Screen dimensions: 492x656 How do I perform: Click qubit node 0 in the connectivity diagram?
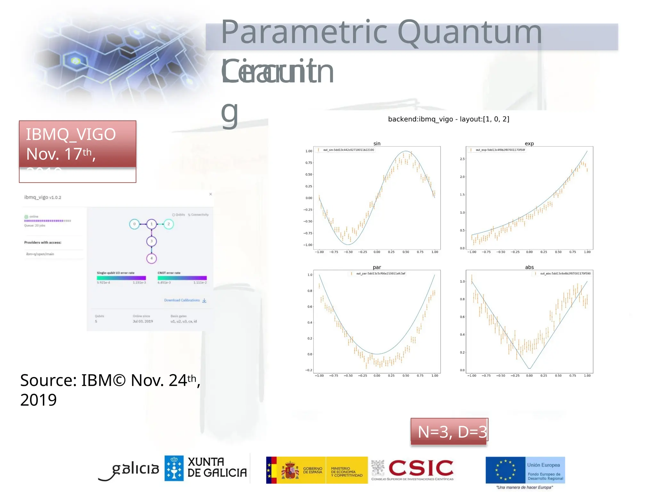coord(135,224)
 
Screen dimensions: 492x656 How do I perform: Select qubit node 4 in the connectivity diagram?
coord(152,258)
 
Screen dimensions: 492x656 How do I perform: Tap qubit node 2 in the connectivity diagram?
coord(168,224)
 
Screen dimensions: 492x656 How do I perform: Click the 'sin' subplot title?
coord(377,143)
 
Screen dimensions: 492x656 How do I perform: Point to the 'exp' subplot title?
coord(529,143)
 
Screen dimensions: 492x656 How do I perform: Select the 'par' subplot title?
coord(377,267)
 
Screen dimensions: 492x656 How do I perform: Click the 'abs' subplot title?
coord(529,267)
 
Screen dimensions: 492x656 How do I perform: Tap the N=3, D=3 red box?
coord(449,431)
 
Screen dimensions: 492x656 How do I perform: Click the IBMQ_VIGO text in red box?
coord(71,134)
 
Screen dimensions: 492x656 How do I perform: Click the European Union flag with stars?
coord(505,470)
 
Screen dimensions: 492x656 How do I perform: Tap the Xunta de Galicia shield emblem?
coord(174,468)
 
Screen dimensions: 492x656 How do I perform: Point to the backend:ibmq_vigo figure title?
coord(448,119)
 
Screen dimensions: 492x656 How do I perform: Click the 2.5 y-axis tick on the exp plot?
coord(462,159)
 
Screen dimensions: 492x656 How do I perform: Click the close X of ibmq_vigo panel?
coord(210,194)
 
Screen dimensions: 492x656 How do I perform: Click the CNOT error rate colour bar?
coord(182,278)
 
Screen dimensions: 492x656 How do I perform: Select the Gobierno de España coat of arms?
coord(290,470)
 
